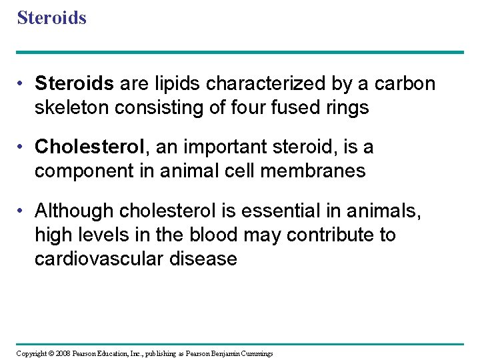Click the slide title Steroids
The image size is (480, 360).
click(x=51, y=17)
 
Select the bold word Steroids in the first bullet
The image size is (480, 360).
click(x=75, y=84)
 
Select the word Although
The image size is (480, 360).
click(x=74, y=211)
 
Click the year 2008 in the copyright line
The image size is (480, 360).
click(x=62, y=353)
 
